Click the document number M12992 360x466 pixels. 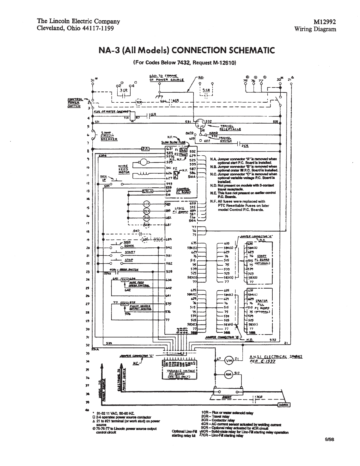[x=325, y=22]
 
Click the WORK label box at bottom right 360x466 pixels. [x=284, y=405]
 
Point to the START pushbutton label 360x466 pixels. [x=130, y=252]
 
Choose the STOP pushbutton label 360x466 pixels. [x=129, y=260]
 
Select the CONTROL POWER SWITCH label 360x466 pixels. [x=74, y=103]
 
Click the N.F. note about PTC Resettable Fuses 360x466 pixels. [x=240, y=206]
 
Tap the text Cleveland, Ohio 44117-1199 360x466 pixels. [x=75, y=28]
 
